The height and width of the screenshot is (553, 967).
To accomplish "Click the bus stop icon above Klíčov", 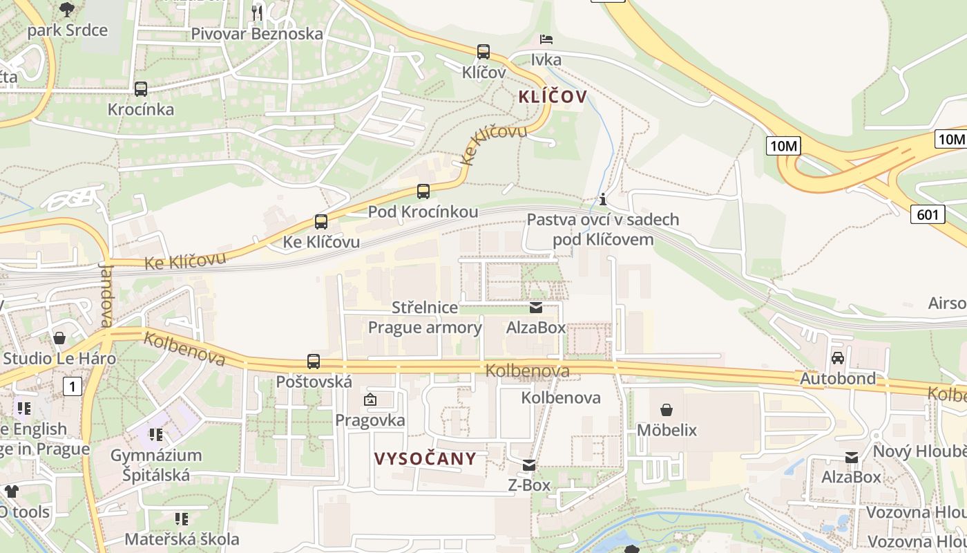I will pos(483,51).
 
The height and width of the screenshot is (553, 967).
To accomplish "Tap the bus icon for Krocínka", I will pos(141,88).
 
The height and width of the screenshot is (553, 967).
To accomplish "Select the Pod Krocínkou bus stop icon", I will pos(423,191).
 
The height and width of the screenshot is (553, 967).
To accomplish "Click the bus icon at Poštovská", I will pos(314,361).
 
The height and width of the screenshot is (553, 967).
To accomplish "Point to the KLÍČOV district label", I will pos(553,97).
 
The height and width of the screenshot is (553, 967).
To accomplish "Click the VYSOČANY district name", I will pos(425,458).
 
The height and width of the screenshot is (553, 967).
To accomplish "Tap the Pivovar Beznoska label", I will pos(257,33).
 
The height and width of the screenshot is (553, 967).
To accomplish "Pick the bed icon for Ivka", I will pos(546,39).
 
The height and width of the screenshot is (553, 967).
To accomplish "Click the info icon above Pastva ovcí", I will pos(603,200).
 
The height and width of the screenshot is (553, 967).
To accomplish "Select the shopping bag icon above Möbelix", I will pos(667,410).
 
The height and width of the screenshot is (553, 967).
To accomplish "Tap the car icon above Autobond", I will pos(838,357).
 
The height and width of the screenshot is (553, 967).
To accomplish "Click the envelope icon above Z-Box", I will pos(529,465).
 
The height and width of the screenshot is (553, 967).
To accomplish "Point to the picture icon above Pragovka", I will pos(370,400).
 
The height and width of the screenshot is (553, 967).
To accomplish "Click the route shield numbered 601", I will pos(927,214).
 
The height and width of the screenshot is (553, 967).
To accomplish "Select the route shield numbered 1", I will pos(73,386).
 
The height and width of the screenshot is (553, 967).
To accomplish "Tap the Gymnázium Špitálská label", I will pos(156,465).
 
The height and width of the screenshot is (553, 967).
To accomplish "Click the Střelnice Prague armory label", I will pos(425,317).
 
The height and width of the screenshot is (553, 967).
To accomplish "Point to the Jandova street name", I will pos(106,293).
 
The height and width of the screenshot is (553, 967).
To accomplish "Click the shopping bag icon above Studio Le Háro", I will pos(59,338).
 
